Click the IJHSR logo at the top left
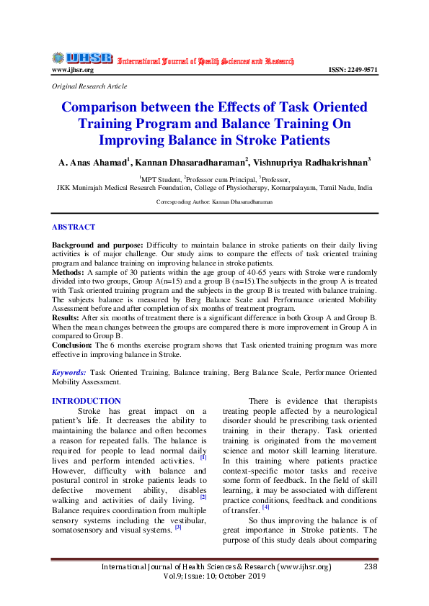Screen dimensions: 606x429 click(x=81, y=58)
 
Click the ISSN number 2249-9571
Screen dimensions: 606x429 click(x=353, y=70)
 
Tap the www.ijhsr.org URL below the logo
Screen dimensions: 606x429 click(x=72, y=70)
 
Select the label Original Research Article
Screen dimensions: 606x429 click(x=89, y=86)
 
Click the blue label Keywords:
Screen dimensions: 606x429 click(x=70, y=372)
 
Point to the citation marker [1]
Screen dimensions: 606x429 click(x=203, y=457)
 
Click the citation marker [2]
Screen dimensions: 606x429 click(x=203, y=497)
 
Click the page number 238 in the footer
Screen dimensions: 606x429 click(x=371, y=566)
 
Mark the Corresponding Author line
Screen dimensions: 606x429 click(x=215, y=203)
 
